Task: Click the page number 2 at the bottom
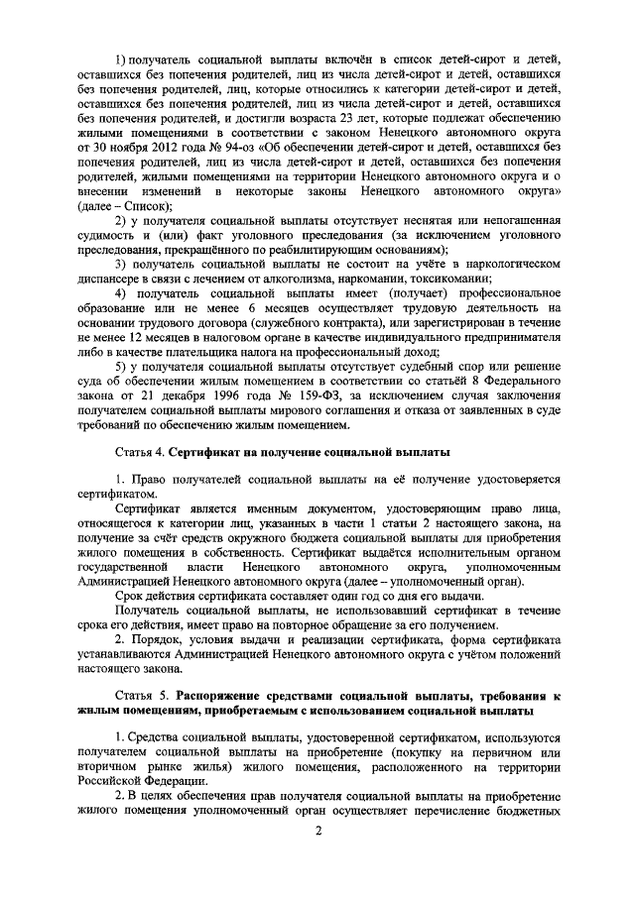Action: point(318,843)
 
